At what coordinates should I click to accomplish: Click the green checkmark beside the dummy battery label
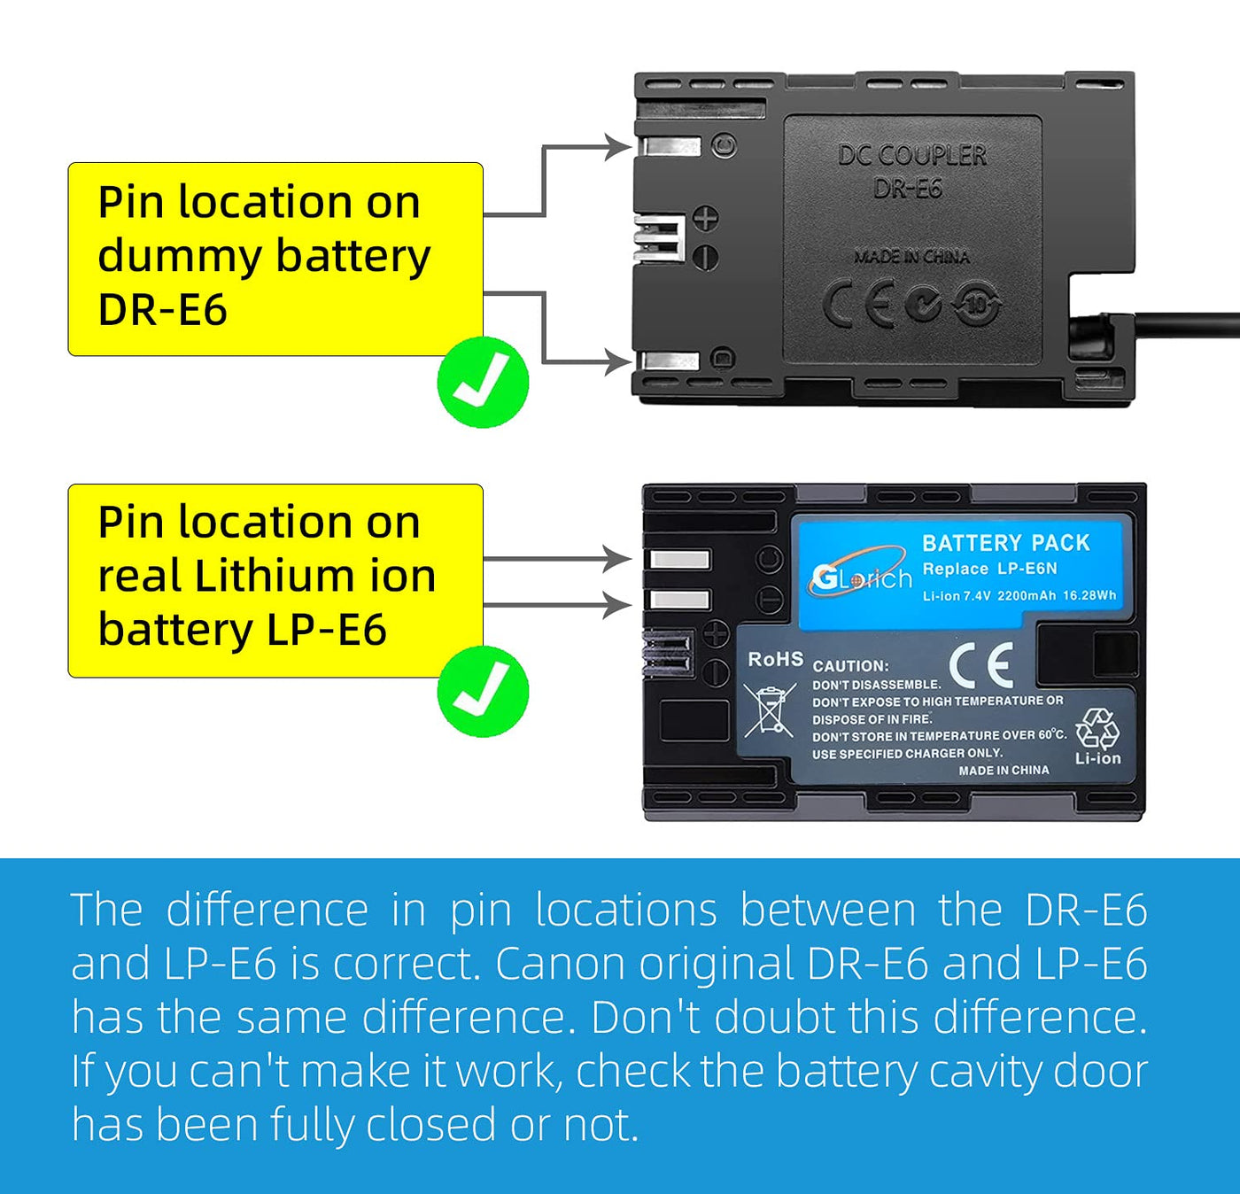[x=483, y=382]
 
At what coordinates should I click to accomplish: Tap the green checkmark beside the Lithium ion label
[x=483, y=692]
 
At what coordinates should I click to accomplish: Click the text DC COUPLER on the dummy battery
[x=911, y=156]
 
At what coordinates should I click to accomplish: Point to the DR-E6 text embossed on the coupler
[x=907, y=189]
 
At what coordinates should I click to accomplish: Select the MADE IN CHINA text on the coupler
[x=911, y=257]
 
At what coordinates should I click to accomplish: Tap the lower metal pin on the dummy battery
[x=670, y=361]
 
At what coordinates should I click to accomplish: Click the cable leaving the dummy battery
[x=1187, y=325]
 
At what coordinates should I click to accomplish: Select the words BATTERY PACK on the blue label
[x=1005, y=543]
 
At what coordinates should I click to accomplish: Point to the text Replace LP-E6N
[x=989, y=569]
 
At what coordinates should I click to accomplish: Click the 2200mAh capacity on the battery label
[x=1027, y=596]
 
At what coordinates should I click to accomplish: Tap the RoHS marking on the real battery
[x=775, y=659]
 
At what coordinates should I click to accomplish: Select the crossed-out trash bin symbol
[x=768, y=710]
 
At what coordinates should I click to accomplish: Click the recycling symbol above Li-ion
[x=1097, y=729]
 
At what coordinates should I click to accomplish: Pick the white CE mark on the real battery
[x=980, y=665]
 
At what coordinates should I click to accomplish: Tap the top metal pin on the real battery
[x=679, y=560]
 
